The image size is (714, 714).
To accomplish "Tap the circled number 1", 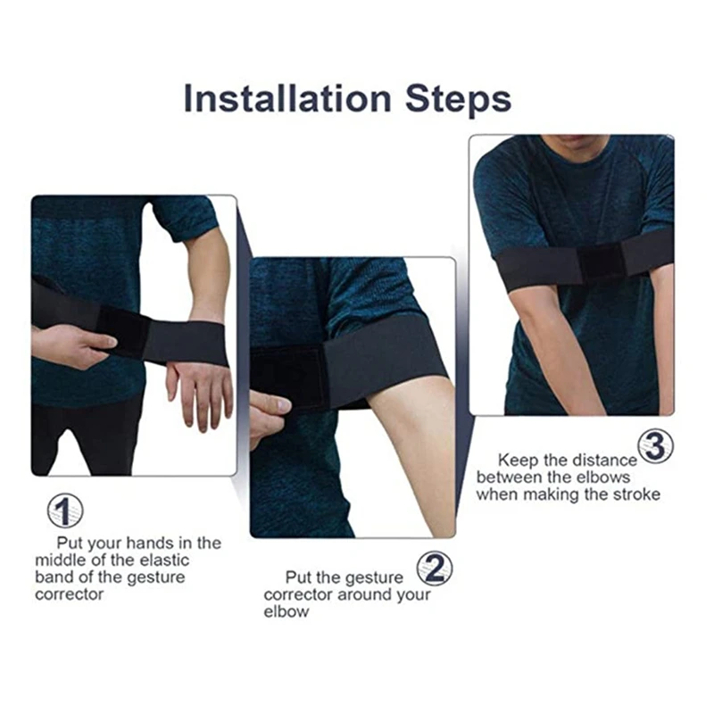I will (x=64, y=511).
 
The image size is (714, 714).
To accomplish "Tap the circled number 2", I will (x=434, y=569).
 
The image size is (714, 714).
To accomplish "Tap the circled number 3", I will (x=655, y=445).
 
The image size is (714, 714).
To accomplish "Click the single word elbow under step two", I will (x=286, y=612).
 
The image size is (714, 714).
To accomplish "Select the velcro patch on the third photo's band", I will (x=600, y=262).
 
